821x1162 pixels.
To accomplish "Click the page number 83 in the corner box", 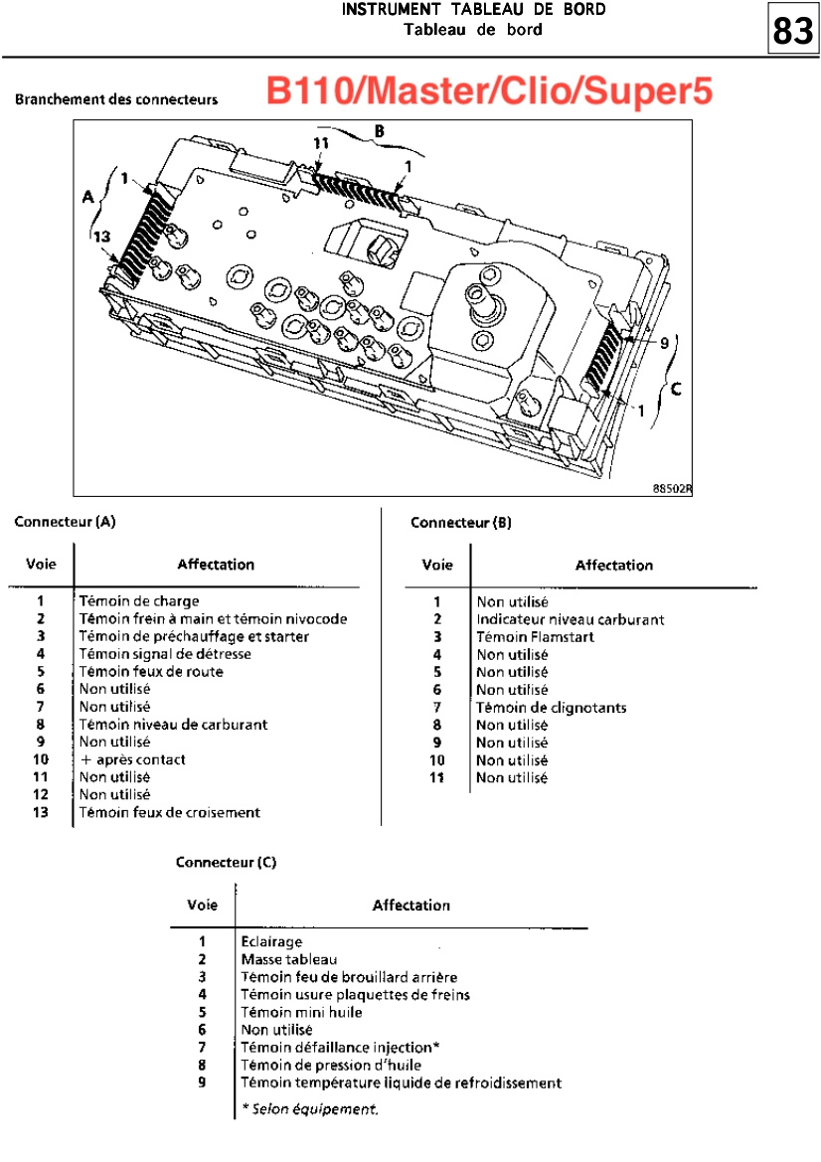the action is click(x=793, y=31).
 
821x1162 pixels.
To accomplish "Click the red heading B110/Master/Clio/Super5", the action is click(x=489, y=91).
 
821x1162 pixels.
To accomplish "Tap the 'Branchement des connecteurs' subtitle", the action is click(x=116, y=99).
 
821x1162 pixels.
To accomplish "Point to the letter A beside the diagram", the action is click(x=88, y=197).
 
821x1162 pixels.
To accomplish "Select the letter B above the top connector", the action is click(x=380, y=131).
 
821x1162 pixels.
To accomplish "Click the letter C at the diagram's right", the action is click(x=676, y=389).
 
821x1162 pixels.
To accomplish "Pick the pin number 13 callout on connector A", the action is click(x=101, y=237).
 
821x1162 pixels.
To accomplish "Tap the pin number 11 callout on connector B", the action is click(x=321, y=143).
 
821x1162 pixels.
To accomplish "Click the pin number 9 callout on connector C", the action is click(x=665, y=343).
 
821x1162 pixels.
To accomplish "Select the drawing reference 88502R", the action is click(x=672, y=488).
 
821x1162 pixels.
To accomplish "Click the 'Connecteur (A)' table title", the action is click(x=66, y=522).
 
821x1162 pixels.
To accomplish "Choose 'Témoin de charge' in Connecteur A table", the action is click(x=139, y=601).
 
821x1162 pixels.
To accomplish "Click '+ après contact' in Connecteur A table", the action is click(x=132, y=759).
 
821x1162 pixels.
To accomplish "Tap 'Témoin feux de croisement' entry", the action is click(x=170, y=812).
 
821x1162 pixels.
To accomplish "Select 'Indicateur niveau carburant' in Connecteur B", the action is click(x=571, y=619).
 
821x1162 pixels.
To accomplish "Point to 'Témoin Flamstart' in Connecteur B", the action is click(x=535, y=637).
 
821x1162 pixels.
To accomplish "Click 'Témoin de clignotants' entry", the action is click(x=552, y=708).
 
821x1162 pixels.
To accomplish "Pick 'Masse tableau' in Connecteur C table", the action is click(x=289, y=959).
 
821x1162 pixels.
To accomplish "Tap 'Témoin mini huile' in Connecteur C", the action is click(x=301, y=1012).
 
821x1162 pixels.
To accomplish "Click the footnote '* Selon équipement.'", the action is click(x=310, y=1109).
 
